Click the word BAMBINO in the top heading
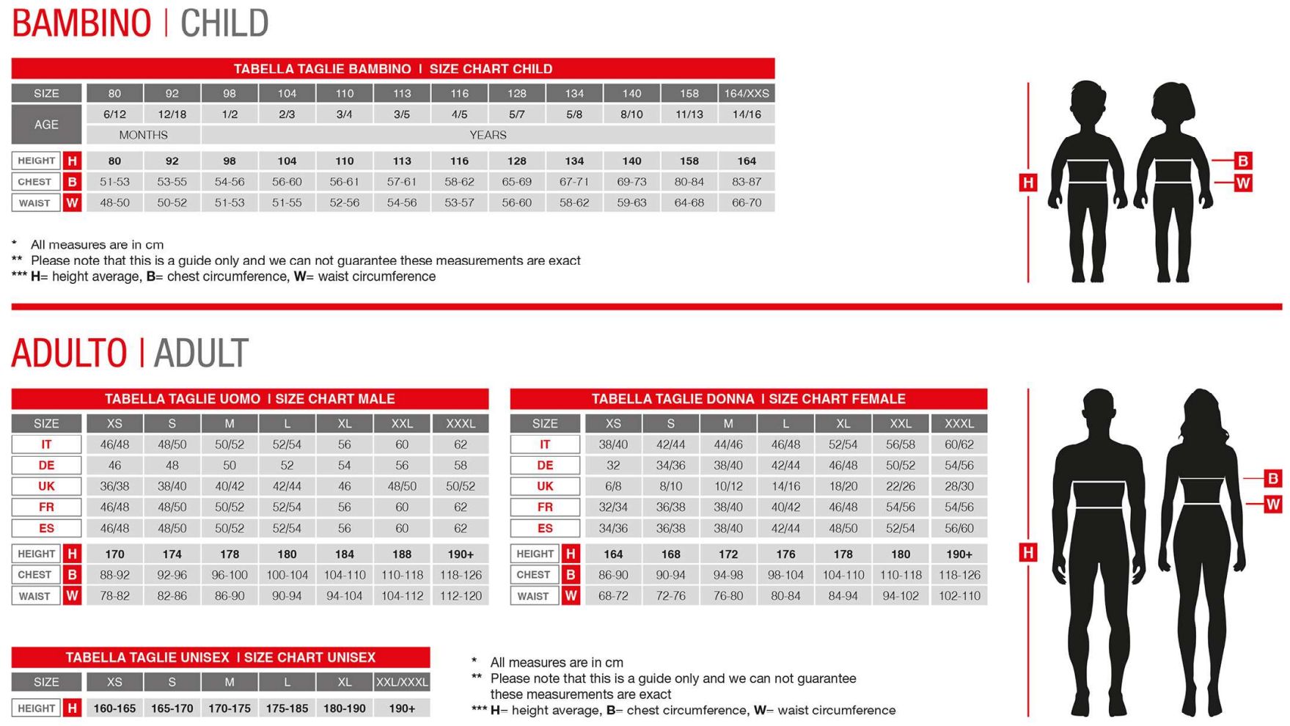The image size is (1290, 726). click(x=81, y=23)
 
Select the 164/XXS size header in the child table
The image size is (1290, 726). click(x=747, y=93)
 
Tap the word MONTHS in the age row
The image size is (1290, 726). click(x=143, y=135)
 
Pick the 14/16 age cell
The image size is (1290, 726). click(x=747, y=114)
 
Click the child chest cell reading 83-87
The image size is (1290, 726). click(x=747, y=182)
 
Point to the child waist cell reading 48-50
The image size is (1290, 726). click(x=114, y=203)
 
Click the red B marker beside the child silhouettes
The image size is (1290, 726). click(x=1242, y=161)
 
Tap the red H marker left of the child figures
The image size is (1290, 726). click(x=1028, y=183)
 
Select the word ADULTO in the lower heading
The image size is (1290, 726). click(x=69, y=353)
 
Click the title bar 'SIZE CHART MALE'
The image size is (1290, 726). click(x=249, y=399)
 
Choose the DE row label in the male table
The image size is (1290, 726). click(x=46, y=466)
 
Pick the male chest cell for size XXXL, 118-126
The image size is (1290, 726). click(x=461, y=575)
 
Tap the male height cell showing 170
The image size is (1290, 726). click(x=114, y=554)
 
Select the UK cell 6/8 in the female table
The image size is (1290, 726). click(x=613, y=486)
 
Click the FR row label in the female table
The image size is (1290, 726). click(x=545, y=507)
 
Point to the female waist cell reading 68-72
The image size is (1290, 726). click(x=613, y=596)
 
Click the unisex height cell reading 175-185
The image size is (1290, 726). click(x=287, y=708)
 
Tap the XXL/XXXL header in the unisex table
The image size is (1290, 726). click(x=402, y=682)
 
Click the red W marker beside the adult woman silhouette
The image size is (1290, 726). click(x=1272, y=504)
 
